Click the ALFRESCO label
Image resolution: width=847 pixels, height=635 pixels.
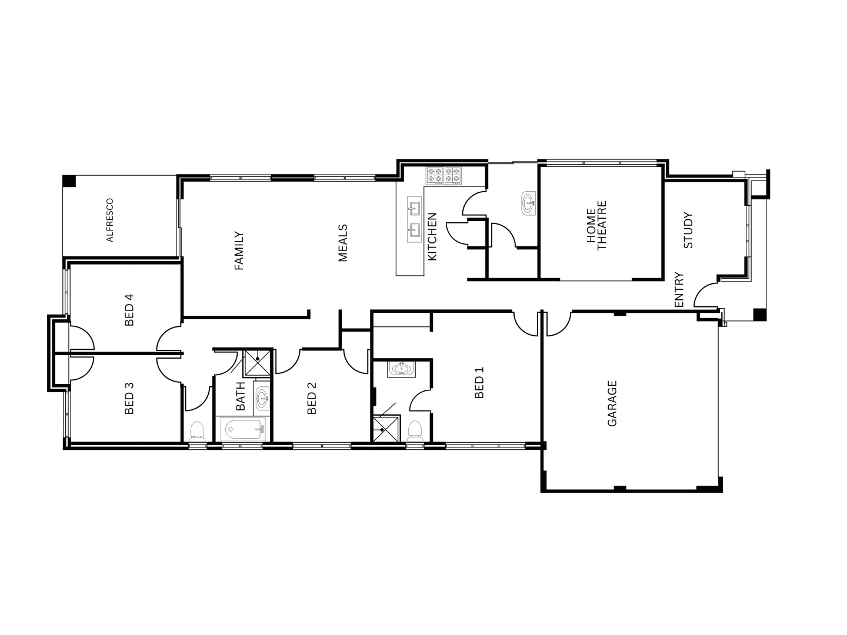click(109, 220)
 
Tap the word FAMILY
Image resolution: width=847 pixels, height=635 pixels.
click(239, 250)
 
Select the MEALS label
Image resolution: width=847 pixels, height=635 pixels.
click(343, 243)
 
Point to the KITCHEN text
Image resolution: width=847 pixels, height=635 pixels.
click(432, 236)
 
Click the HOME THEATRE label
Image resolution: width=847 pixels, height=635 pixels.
click(596, 226)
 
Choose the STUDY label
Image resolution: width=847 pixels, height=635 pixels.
click(689, 230)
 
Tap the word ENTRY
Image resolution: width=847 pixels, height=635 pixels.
click(679, 289)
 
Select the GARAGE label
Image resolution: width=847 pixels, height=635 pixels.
click(612, 403)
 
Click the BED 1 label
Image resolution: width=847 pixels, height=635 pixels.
click(479, 383)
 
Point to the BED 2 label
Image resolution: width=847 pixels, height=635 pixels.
click(312, 399)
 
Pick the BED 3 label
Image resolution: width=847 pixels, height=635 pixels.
click(129, 399)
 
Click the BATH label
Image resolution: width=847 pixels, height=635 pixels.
click(240, 396)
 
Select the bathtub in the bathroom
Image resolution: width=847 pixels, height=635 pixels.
click(242, 430)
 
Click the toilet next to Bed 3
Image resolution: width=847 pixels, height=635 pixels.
click(197, 431)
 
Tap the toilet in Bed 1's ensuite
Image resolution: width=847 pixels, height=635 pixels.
click(415, 430)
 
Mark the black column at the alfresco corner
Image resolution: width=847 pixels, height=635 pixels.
click(69, 181)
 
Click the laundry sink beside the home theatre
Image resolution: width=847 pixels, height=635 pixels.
click(529, 204)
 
